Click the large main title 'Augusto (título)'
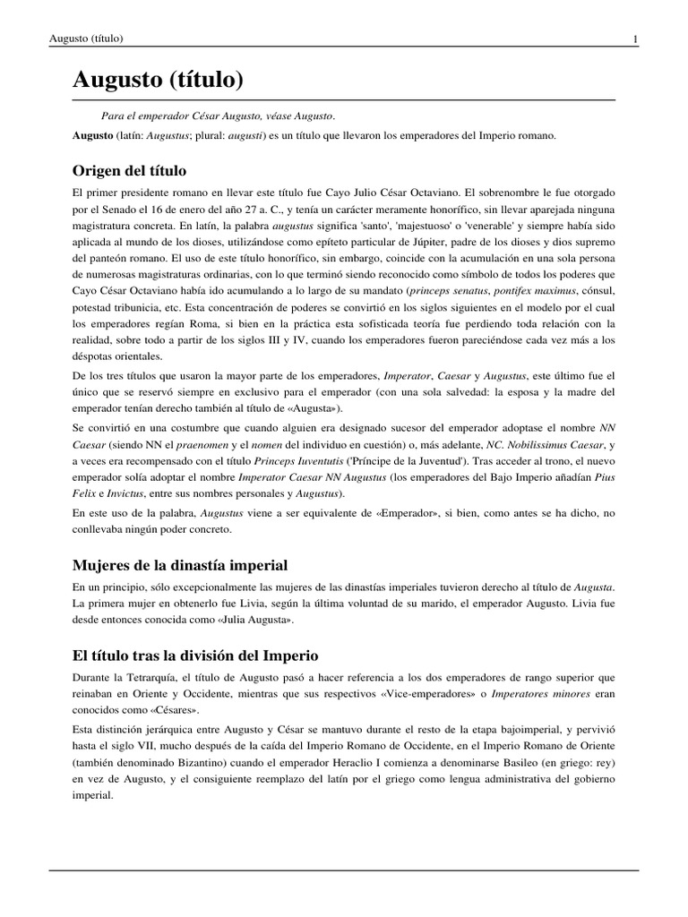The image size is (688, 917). point(158,81)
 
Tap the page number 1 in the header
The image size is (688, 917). point(634,39)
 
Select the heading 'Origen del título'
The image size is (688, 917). point(130,170)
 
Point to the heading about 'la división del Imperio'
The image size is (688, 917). point(195,655)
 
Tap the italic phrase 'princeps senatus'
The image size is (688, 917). point(445,292)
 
